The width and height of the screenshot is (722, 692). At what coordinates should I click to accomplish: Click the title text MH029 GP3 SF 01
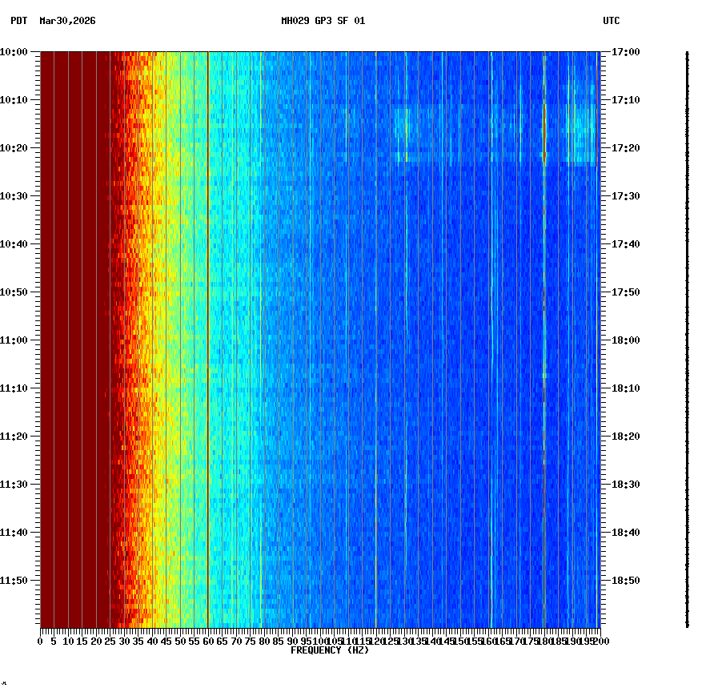[323, 21]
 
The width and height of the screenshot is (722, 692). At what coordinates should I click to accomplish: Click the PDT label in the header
[18, 21]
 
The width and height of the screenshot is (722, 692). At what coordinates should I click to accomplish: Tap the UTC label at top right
[611, 21]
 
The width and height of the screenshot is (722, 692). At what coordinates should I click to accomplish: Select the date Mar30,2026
[67, 21]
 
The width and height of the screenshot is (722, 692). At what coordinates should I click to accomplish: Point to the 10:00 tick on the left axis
[14, 52]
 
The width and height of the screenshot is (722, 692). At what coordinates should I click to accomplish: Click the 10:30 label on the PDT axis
[14, 196]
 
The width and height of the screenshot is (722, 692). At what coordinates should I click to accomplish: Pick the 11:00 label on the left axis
[14, 340]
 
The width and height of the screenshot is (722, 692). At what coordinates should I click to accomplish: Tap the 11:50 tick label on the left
[14, 581]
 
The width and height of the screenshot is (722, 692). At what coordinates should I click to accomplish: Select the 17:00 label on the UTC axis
[625, 52]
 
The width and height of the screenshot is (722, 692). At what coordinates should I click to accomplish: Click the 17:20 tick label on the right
[625, 148]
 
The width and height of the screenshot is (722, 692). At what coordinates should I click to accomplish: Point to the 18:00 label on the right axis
[625, 340]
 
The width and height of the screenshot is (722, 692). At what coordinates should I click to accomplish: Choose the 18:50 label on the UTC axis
[625, 581]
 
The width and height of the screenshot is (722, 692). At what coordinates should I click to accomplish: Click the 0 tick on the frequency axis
[40, 641]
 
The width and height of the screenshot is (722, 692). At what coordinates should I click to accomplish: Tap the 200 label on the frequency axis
[601, 641]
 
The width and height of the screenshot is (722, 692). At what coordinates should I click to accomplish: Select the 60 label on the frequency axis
[208, 641]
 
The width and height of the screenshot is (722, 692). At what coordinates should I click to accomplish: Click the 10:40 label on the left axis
[14, 244]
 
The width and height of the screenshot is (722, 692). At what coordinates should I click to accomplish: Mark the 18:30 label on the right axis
[625, 485]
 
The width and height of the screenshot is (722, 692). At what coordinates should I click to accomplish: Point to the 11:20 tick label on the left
[14, 437]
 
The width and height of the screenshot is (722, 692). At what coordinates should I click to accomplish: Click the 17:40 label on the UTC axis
[625, 244]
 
